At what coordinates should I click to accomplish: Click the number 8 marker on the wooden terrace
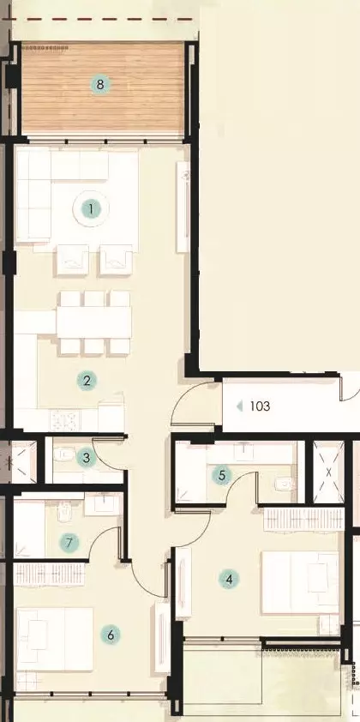point(100,85)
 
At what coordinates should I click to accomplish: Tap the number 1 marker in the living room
point(91,209)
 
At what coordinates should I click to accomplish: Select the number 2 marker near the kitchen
point(87,381)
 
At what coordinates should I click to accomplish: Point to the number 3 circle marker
point(87,458)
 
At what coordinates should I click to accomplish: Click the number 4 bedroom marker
point(229,580)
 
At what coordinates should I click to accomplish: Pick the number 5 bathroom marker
point(222,476)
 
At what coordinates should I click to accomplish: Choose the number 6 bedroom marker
point(111,635)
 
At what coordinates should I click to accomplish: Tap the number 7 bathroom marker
point(69,543)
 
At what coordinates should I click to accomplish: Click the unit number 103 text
point(260,406)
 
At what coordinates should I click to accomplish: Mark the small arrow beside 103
point(239,406)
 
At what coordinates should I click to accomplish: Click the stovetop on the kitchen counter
point(65,419)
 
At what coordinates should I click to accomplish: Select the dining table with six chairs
point(94,322)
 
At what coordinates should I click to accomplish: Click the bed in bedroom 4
point(300,582)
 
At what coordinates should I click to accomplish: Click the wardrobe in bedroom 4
point(303,519)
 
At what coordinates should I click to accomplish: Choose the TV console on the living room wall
point(183,207)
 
